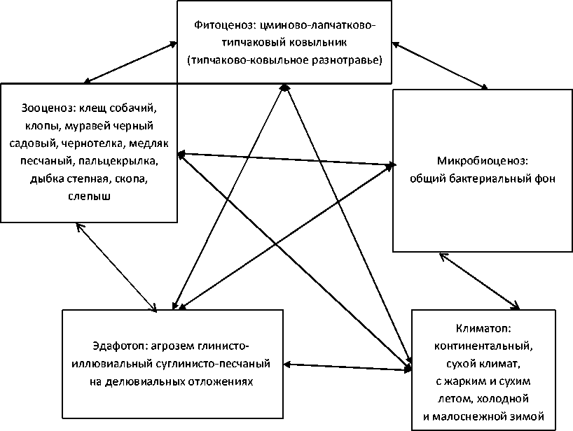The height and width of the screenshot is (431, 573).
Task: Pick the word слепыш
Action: point(88,197)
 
